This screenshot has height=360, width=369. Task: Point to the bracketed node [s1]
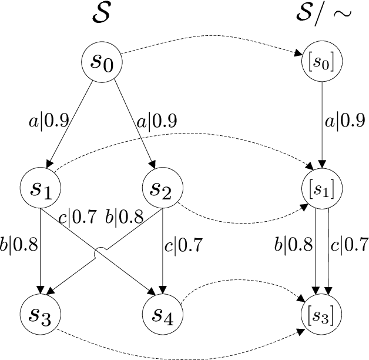coord(320,189)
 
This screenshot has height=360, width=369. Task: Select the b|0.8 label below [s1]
coord(296,243)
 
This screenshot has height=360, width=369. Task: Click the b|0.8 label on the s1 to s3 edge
coord(19,228)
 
